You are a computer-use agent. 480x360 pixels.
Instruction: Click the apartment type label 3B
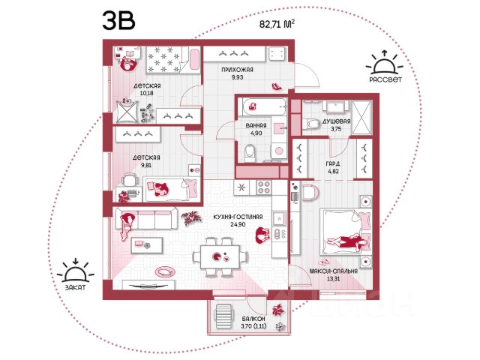[118, 20]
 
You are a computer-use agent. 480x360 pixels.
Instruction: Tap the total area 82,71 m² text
[277, 24]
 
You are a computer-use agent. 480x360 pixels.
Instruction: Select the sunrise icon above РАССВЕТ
[385, 63]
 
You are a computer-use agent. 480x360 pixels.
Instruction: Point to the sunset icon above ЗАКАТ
[76, 271]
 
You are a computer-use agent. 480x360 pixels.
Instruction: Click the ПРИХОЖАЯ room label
[237, 70]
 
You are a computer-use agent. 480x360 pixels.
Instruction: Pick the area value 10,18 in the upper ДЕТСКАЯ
[147, 93]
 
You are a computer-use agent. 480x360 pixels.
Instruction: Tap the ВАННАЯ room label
[256, 125]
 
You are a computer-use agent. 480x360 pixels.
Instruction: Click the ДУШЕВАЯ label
[336, 121]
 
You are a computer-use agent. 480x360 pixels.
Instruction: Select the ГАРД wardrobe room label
[333, 163]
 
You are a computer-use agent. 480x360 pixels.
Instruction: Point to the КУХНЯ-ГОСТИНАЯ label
[238, 217]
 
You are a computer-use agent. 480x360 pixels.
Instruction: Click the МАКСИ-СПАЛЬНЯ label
[333, 271]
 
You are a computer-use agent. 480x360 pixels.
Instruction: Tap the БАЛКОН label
[253, 319]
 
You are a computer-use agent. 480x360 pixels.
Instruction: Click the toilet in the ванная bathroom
[250, 153]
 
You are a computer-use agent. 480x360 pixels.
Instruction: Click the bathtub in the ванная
[264, 106]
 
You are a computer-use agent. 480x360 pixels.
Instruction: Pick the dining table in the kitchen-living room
[220, 257]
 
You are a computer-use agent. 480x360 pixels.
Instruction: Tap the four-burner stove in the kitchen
[263, 187]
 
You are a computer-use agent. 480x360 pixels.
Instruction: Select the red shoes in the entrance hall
[277, 87]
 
